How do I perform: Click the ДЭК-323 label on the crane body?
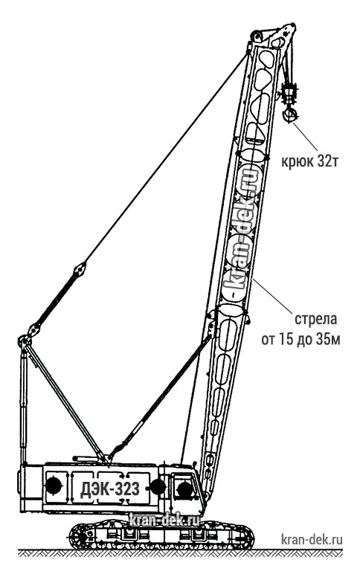pos(110,489)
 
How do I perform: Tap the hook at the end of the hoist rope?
pos(289,115)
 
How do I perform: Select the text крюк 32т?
pos(309,161)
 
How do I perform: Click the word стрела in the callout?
pos(316,319)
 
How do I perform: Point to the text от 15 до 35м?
pos(300,339)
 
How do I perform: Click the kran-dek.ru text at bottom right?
pos(312,540)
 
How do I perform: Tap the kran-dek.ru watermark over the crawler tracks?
pos(164,520)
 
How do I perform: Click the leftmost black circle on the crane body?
pos(54,486)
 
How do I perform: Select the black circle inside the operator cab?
pos(184,490)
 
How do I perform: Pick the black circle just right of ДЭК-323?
pos(158,487)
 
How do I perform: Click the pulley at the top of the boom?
pos(255,36)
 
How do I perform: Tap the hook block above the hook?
pos(289,94)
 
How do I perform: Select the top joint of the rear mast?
pos(25,342)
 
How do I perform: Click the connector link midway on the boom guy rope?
pos(79,271)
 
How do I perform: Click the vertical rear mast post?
pos(24,404)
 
